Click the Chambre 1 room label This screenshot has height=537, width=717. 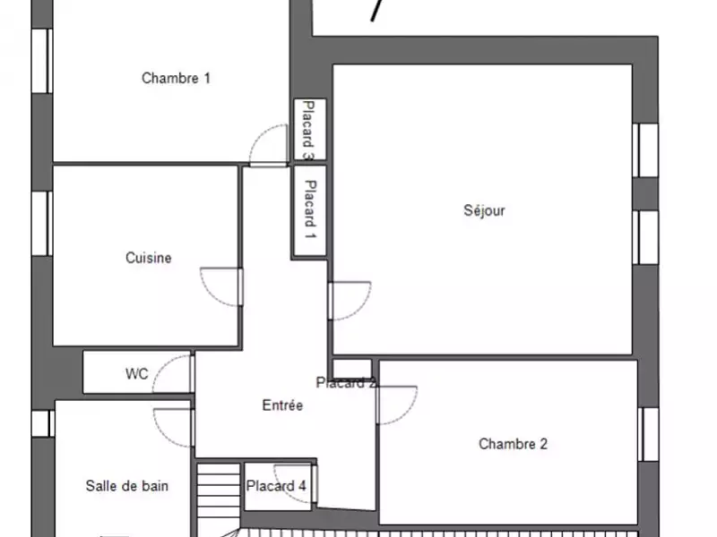[176, 78]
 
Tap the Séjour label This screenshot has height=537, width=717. [484, 210]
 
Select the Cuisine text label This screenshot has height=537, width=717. [149, 258]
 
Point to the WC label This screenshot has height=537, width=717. [137, 373]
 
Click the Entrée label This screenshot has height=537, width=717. [282, 405]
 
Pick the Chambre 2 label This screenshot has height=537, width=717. [513, 443]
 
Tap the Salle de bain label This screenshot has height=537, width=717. [126, 485]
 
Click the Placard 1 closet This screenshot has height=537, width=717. [309, 210]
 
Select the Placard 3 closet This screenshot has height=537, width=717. [309, 129]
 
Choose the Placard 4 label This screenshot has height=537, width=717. [276, 486]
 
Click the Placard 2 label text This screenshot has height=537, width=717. [346, 383]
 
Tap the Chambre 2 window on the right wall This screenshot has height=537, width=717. [648, 434]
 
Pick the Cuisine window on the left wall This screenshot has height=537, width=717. [42, 223]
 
